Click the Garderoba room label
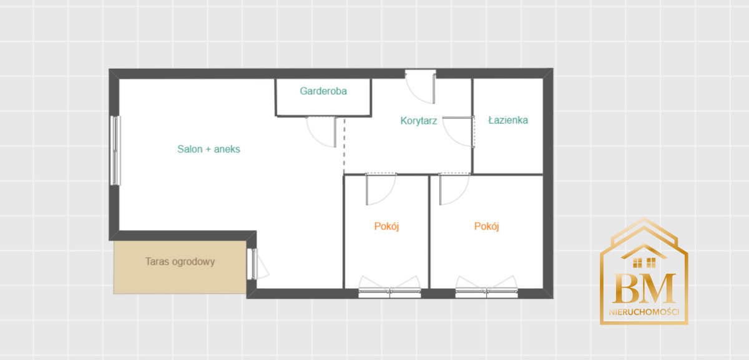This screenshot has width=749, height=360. (x=323, y=91)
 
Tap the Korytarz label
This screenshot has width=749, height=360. (x=419, y=120)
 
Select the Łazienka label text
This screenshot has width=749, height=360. (x=508, y=120)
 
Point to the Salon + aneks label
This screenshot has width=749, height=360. (x=208, y=149)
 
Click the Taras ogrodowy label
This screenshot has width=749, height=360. (x=180, y=261)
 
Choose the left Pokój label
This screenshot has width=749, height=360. (x=386, y=226)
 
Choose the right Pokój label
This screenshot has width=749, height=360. (x=486, y=226)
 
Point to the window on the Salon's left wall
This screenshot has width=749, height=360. (x=115, y=150)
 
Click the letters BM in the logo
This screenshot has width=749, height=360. (x=644, y=288)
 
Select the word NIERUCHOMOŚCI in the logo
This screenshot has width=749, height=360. (x=644, y=312)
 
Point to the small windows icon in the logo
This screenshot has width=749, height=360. (x=644, y=263)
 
